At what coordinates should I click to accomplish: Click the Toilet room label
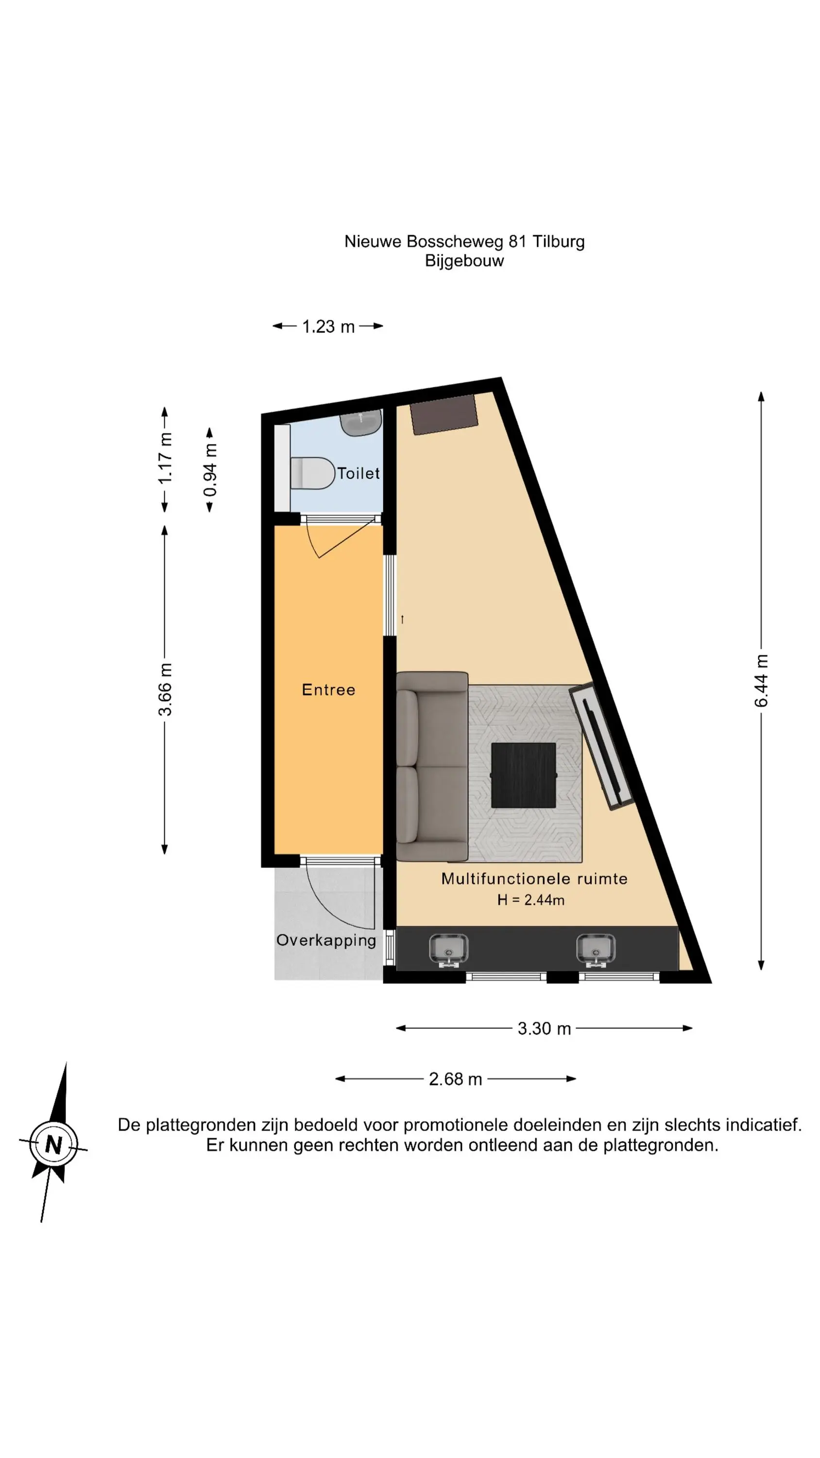[358, 473]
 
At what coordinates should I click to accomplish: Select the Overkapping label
[326, 941]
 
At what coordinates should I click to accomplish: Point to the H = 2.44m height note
[531, 900]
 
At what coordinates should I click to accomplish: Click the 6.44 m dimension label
[761, 680]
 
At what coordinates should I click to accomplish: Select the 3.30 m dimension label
[544, 1028]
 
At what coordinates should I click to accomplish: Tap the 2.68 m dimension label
[455, 1079]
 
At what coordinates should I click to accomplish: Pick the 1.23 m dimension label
[328, 327]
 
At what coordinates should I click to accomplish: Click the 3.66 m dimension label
[165, 689]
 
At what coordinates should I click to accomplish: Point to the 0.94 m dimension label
[210, 470]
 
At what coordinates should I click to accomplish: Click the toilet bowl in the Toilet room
[312, 473]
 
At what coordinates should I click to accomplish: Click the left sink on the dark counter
[449, 949]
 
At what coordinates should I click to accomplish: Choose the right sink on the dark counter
[596, 949]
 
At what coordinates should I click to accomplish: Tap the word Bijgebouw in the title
[464, 261]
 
